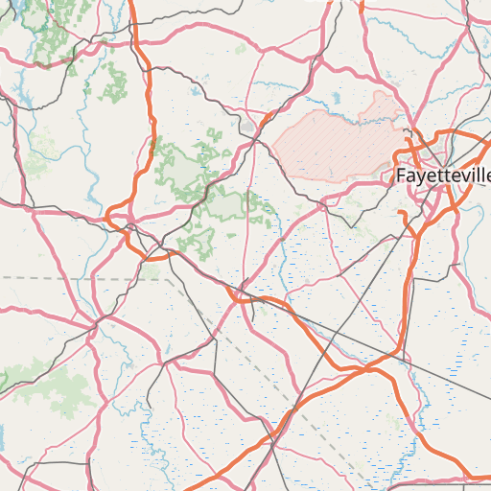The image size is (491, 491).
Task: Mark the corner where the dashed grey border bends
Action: pyautogui.click(x=166, y=278)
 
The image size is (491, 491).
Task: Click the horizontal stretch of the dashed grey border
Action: pyautogui.click(x=77, y=277)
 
